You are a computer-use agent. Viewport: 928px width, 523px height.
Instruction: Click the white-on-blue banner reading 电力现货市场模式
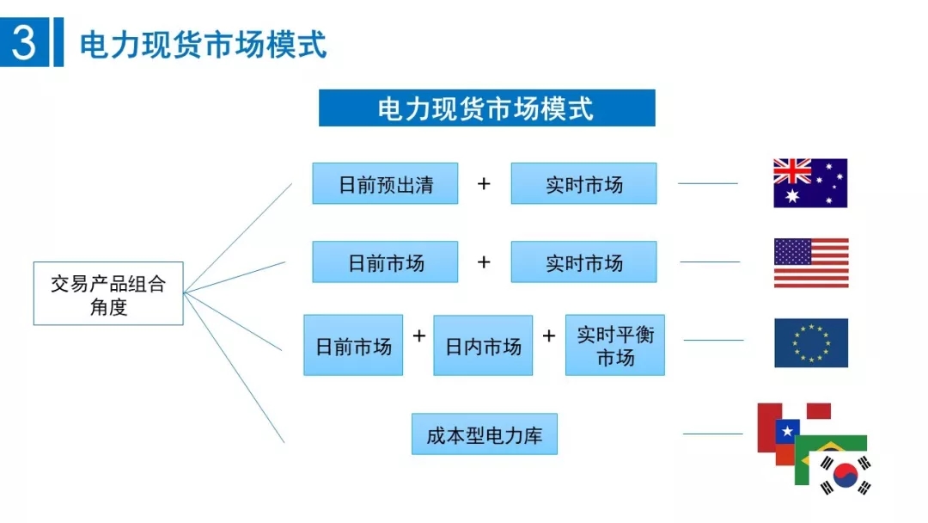tap(486, 108)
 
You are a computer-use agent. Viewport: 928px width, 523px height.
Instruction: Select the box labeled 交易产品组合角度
tap(108, 293)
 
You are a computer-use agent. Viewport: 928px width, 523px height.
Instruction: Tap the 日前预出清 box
tap(385, 183)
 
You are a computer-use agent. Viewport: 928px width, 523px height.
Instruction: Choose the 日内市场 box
tap(483, 346)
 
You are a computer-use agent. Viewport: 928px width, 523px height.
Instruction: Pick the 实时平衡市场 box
tap(615, 345)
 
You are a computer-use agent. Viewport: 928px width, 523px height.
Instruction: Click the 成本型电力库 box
tap(485, 434)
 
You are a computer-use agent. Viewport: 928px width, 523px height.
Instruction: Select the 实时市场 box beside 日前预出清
tap(583, 183)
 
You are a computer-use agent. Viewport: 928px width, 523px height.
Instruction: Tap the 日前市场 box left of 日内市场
tap(353, 346)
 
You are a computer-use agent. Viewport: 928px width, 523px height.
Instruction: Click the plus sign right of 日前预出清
tap(484, 183)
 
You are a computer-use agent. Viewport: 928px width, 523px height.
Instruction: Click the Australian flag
tap(810, 183)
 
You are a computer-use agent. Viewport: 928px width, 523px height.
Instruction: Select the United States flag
tap(810, 262)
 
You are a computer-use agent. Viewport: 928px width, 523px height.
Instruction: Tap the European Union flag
tap(810, 343)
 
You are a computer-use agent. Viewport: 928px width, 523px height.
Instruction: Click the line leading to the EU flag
tap(713, 340)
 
